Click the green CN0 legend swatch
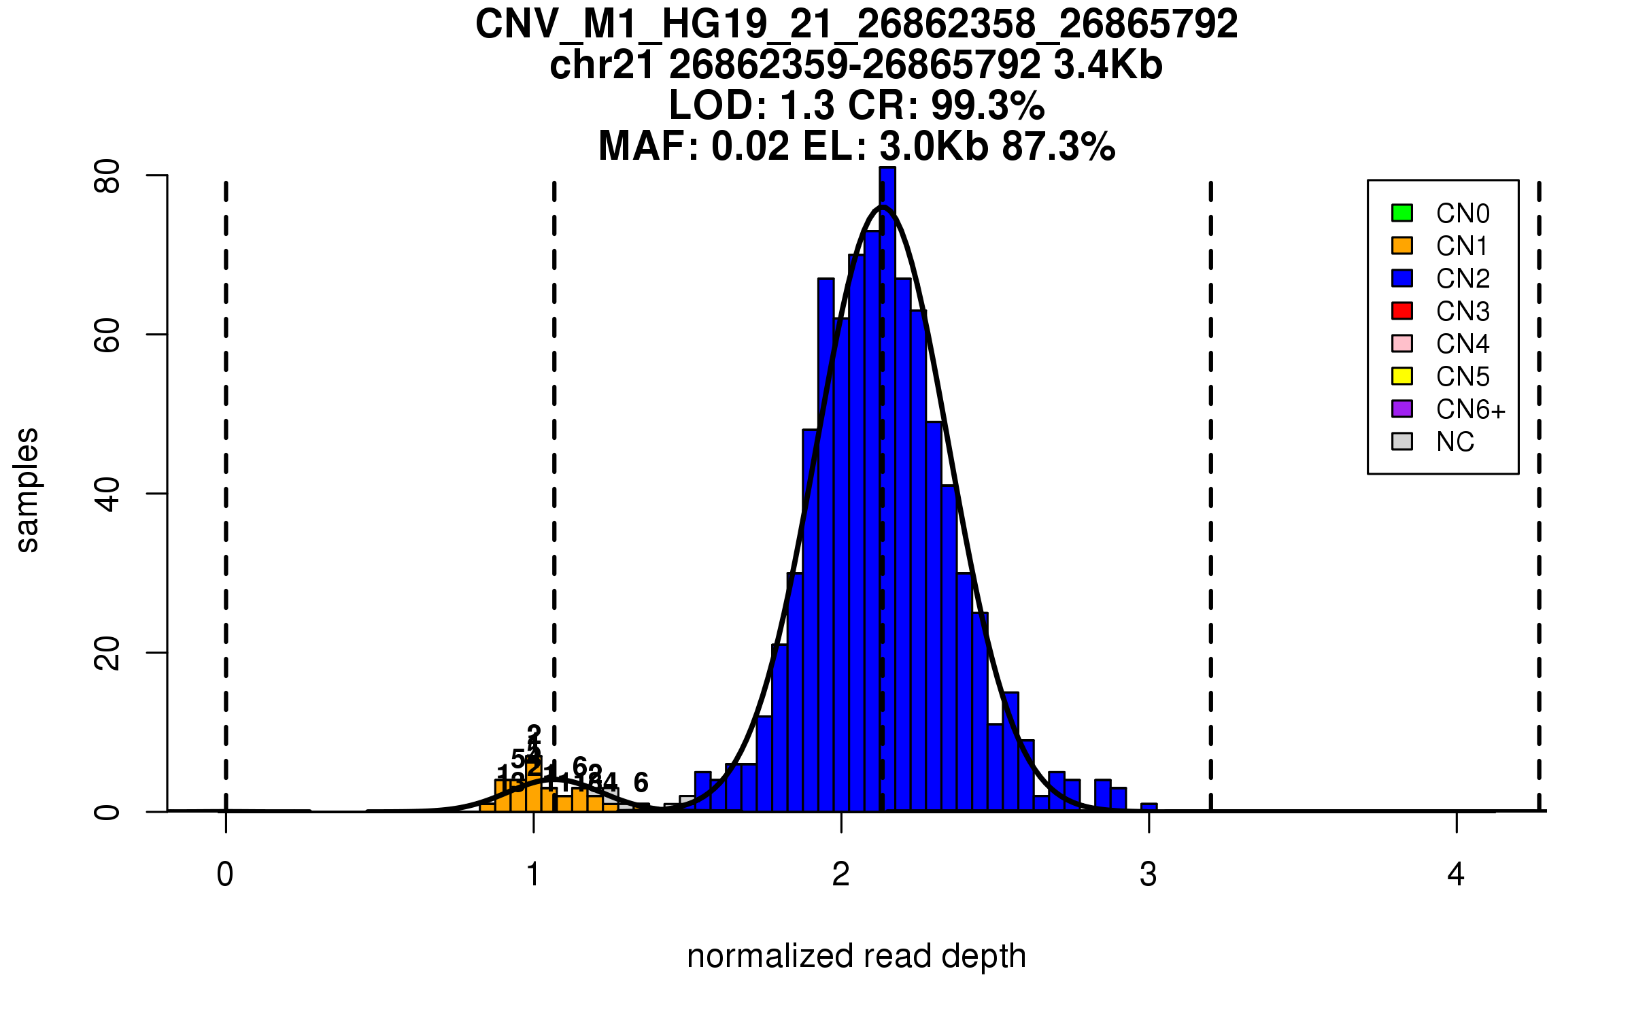(x=1401, y=213)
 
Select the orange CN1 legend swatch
(x=1401, y=245)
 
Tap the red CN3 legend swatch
(x=1401, y=311)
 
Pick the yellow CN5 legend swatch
(x=1401, y=376)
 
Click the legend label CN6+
(x=1470, y=409)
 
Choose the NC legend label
(x=1455, y=442)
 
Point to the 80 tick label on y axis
(x=107, y=176)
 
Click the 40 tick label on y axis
(x=107, y=494)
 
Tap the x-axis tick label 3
(x=1149, y=874)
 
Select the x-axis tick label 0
(x=225, y=874)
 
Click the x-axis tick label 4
(x=1456, y=874)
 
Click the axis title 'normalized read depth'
(x=856, y=956)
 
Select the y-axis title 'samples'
(x=27, y=490)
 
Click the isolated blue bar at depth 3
(x=1149, y=807)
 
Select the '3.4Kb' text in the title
(x=1108, y=65)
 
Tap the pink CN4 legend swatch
(x=1401, y=343)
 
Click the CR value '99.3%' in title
(x=987, y=105)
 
